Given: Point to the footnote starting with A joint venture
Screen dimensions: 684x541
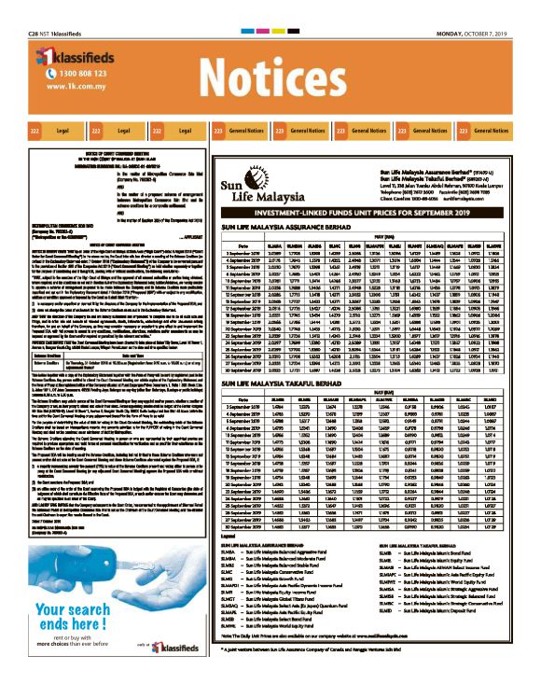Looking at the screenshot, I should [308, 669].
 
